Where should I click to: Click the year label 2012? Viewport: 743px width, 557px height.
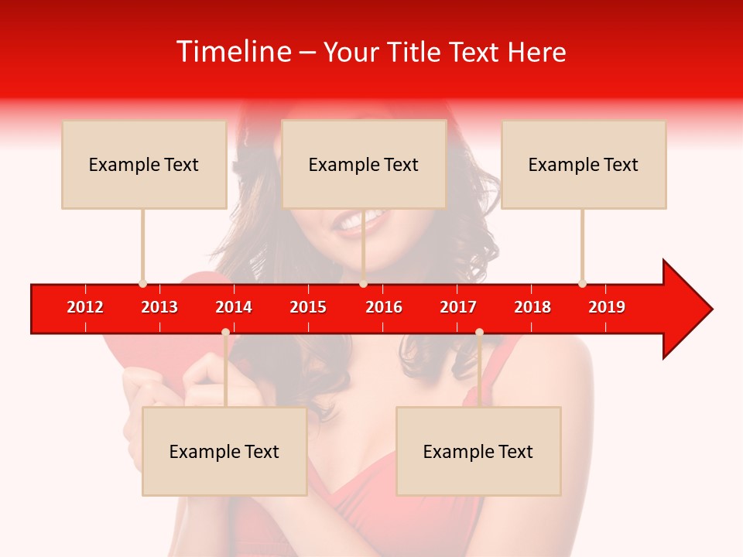click(x=85, y=307)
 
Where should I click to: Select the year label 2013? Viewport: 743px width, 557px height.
click(x=159, y=307)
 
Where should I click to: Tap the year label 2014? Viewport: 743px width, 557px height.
click(x=234, y=307)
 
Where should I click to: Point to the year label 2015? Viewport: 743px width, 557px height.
click(x=308, y=307)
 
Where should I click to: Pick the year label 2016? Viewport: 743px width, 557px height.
click(x=384, y=307)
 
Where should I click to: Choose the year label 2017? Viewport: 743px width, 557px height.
click(x=458, y=307)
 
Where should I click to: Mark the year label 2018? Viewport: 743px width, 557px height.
click(x=532, y=307)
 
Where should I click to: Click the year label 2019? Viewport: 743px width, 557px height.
click(x=607, y=307)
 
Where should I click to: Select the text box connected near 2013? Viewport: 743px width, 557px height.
click(x=144, y=164)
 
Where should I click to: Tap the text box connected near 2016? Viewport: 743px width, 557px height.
click(x=364, y=164)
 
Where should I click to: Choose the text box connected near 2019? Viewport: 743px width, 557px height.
click(x=584, y=164)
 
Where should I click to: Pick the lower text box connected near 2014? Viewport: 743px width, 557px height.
click(x=224, y=451)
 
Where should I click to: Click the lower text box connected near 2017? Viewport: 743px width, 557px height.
click(x=478, y=451)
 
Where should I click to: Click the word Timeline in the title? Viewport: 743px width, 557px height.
click(x=234, y=52)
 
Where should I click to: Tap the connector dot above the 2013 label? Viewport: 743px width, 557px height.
click(x=142, y=283)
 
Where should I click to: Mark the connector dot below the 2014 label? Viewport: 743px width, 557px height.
click(x=225, y=332)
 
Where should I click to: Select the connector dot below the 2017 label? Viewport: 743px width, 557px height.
click(x=479, y=332)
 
